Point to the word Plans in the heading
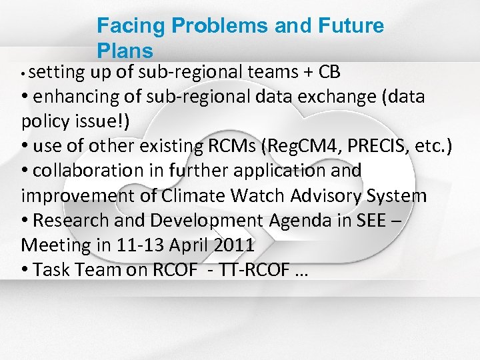pyautogui.click(x=125, y=50)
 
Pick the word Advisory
pyautogui.click(x=331, y=196)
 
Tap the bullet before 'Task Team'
pyautogui.click(x=25, y=270)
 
